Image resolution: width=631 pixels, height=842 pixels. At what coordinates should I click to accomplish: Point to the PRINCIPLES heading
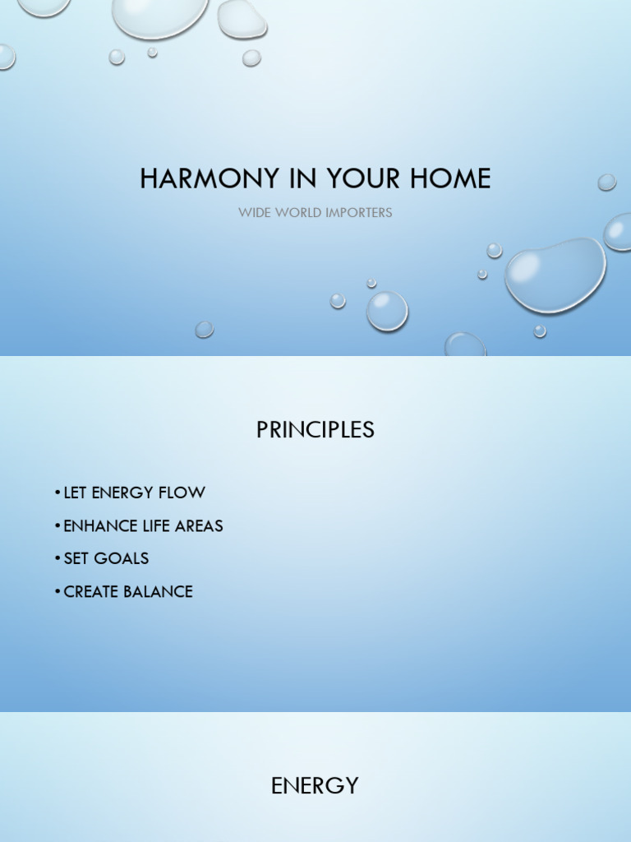(x=315, y=430)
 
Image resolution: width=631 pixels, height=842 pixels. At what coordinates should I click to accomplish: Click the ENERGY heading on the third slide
(x=315, y=786)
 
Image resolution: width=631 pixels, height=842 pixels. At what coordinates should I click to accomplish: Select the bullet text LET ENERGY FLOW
(x=134, y=493)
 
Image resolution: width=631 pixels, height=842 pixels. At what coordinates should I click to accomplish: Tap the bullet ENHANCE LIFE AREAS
(x=143, y=525)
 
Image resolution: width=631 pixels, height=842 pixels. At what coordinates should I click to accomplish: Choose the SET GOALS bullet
(x=106, y=558)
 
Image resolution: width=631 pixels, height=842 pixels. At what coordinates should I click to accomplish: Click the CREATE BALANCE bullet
(x=128, y=591)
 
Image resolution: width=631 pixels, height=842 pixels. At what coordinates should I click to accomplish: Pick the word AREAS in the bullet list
(x=198, y=525)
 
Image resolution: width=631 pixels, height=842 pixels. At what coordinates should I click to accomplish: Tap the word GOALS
(x=122, y=558)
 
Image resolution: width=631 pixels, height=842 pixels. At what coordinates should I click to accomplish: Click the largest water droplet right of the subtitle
(x=555, y=275)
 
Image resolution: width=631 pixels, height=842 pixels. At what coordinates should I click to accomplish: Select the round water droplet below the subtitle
(x=386, y=311)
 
